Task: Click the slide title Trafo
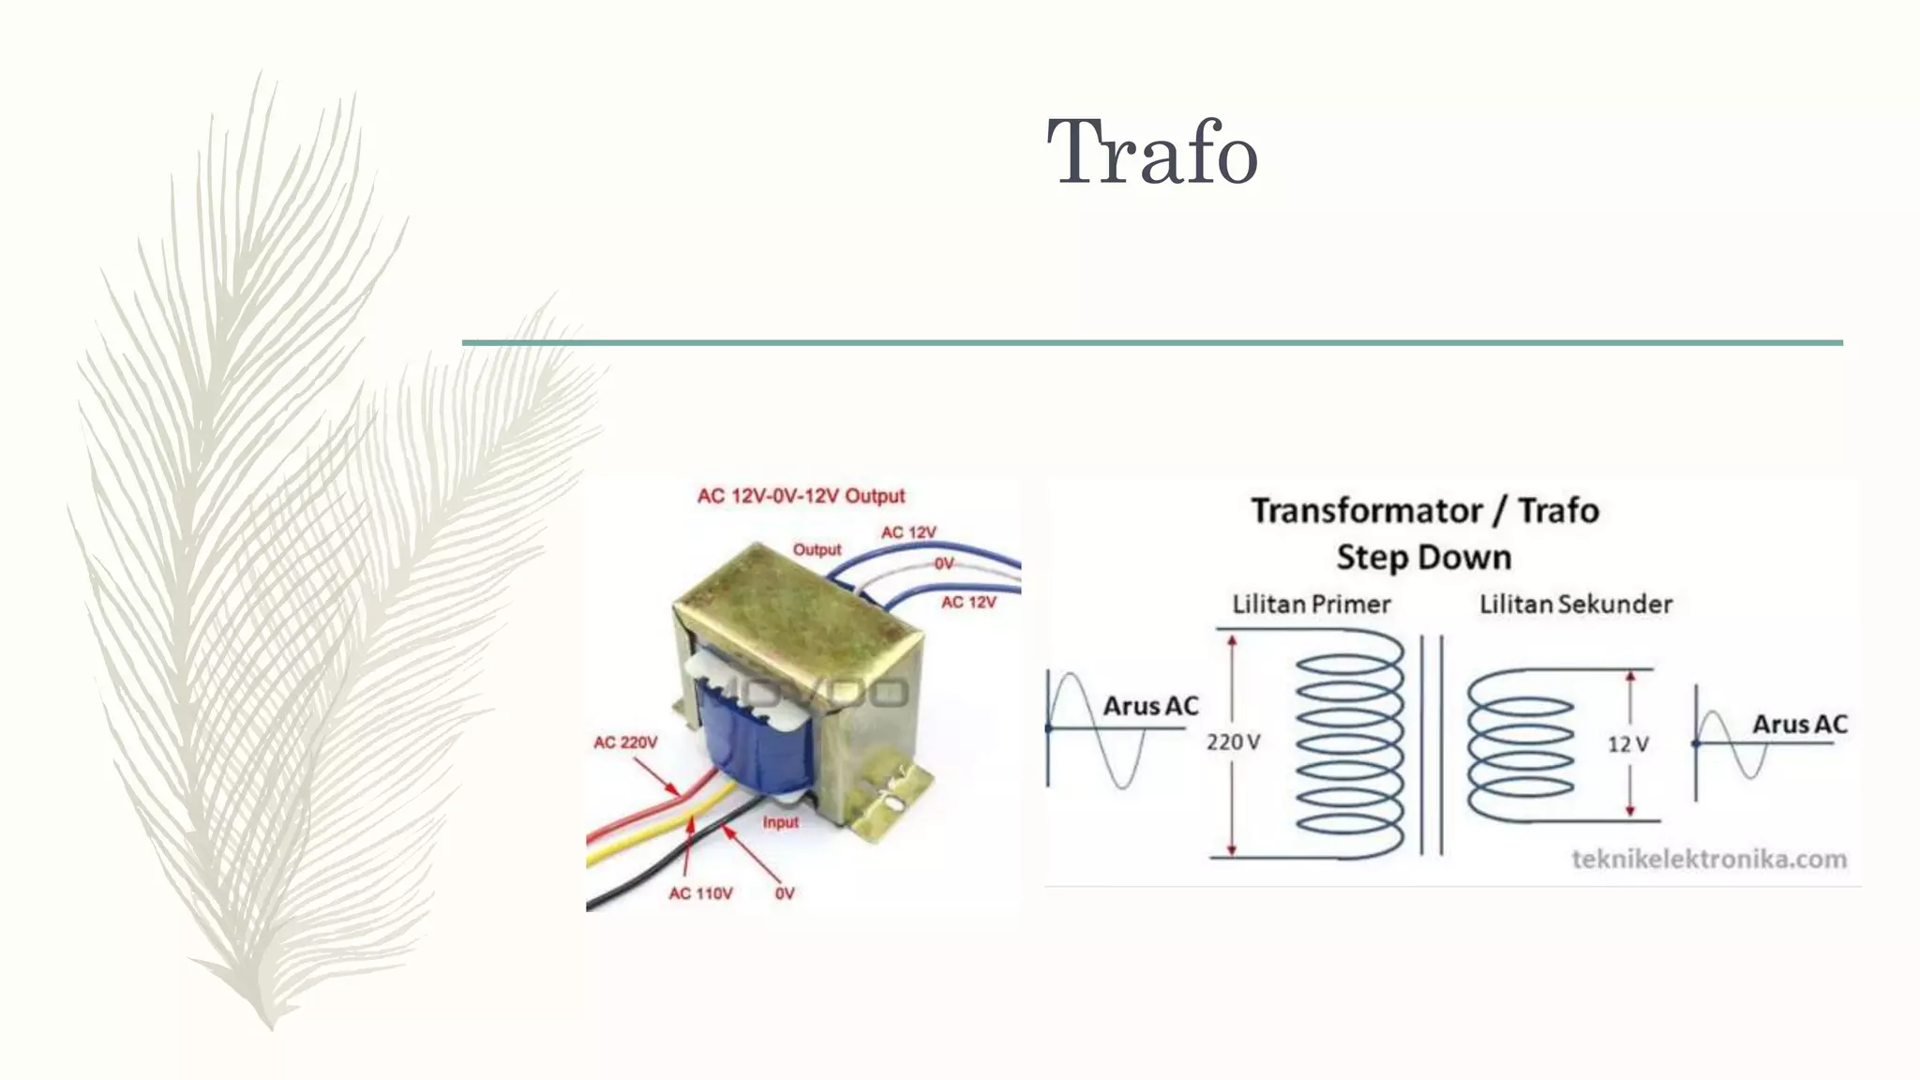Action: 1151,152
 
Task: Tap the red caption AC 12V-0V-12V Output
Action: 801,496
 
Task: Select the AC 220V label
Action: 625,742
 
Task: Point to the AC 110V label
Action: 700,893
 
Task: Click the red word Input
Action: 780,822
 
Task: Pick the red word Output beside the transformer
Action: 817,549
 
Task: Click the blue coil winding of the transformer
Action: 750,741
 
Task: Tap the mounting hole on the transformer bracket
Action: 892,802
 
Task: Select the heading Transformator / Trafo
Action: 1424,511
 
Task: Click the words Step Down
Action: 1424,558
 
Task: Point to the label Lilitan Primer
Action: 1311,605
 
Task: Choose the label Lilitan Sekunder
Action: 1575,605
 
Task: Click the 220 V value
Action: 1233,742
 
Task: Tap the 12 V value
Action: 1627,744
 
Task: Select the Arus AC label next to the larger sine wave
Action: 1150,706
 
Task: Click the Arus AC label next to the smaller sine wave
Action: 1799,725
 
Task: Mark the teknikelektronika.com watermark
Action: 1708,859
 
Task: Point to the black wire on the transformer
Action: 656,867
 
